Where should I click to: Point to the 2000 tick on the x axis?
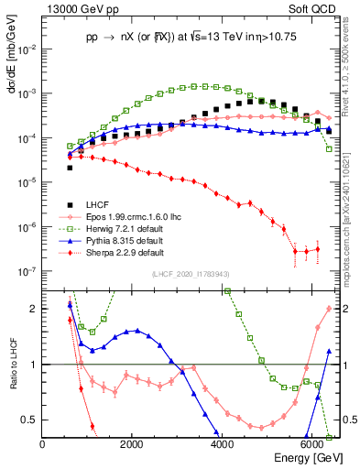point(133,444)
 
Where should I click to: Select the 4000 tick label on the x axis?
point(223,444)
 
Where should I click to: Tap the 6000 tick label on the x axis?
point(312,444)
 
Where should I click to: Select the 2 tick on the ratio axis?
point(35,309)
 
